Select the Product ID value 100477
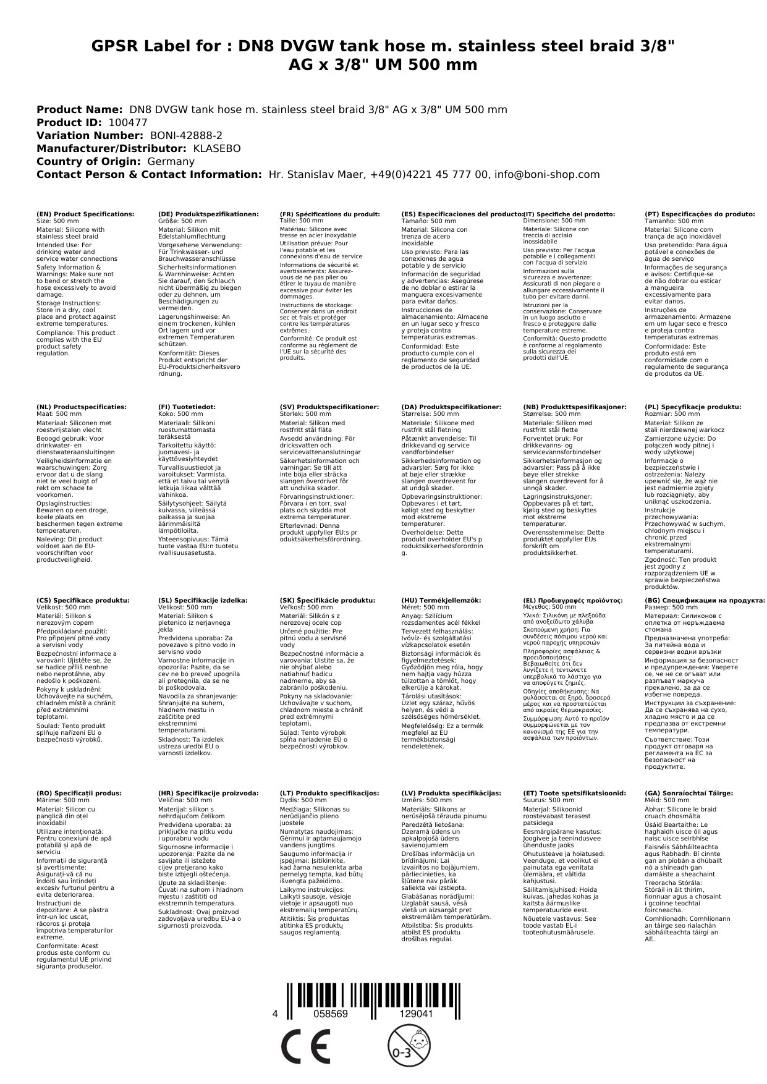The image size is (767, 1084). pos(128,122)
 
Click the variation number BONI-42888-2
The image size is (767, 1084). pos(186,135)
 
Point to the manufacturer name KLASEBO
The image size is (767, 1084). pos(217,148)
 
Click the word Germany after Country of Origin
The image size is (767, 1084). pos(171,161)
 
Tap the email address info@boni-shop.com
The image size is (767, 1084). pos(549,174)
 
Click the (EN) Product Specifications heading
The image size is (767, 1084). pos(85,214)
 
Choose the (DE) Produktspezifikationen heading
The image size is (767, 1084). pos(208,214)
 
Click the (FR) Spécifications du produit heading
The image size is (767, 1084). pos(329,214)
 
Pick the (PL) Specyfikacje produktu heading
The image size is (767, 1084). pos(692,407)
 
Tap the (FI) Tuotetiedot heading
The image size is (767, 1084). pos(187,407)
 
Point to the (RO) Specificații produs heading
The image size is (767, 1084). pos(79,793)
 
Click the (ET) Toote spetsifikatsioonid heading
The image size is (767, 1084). pos(574,793)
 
